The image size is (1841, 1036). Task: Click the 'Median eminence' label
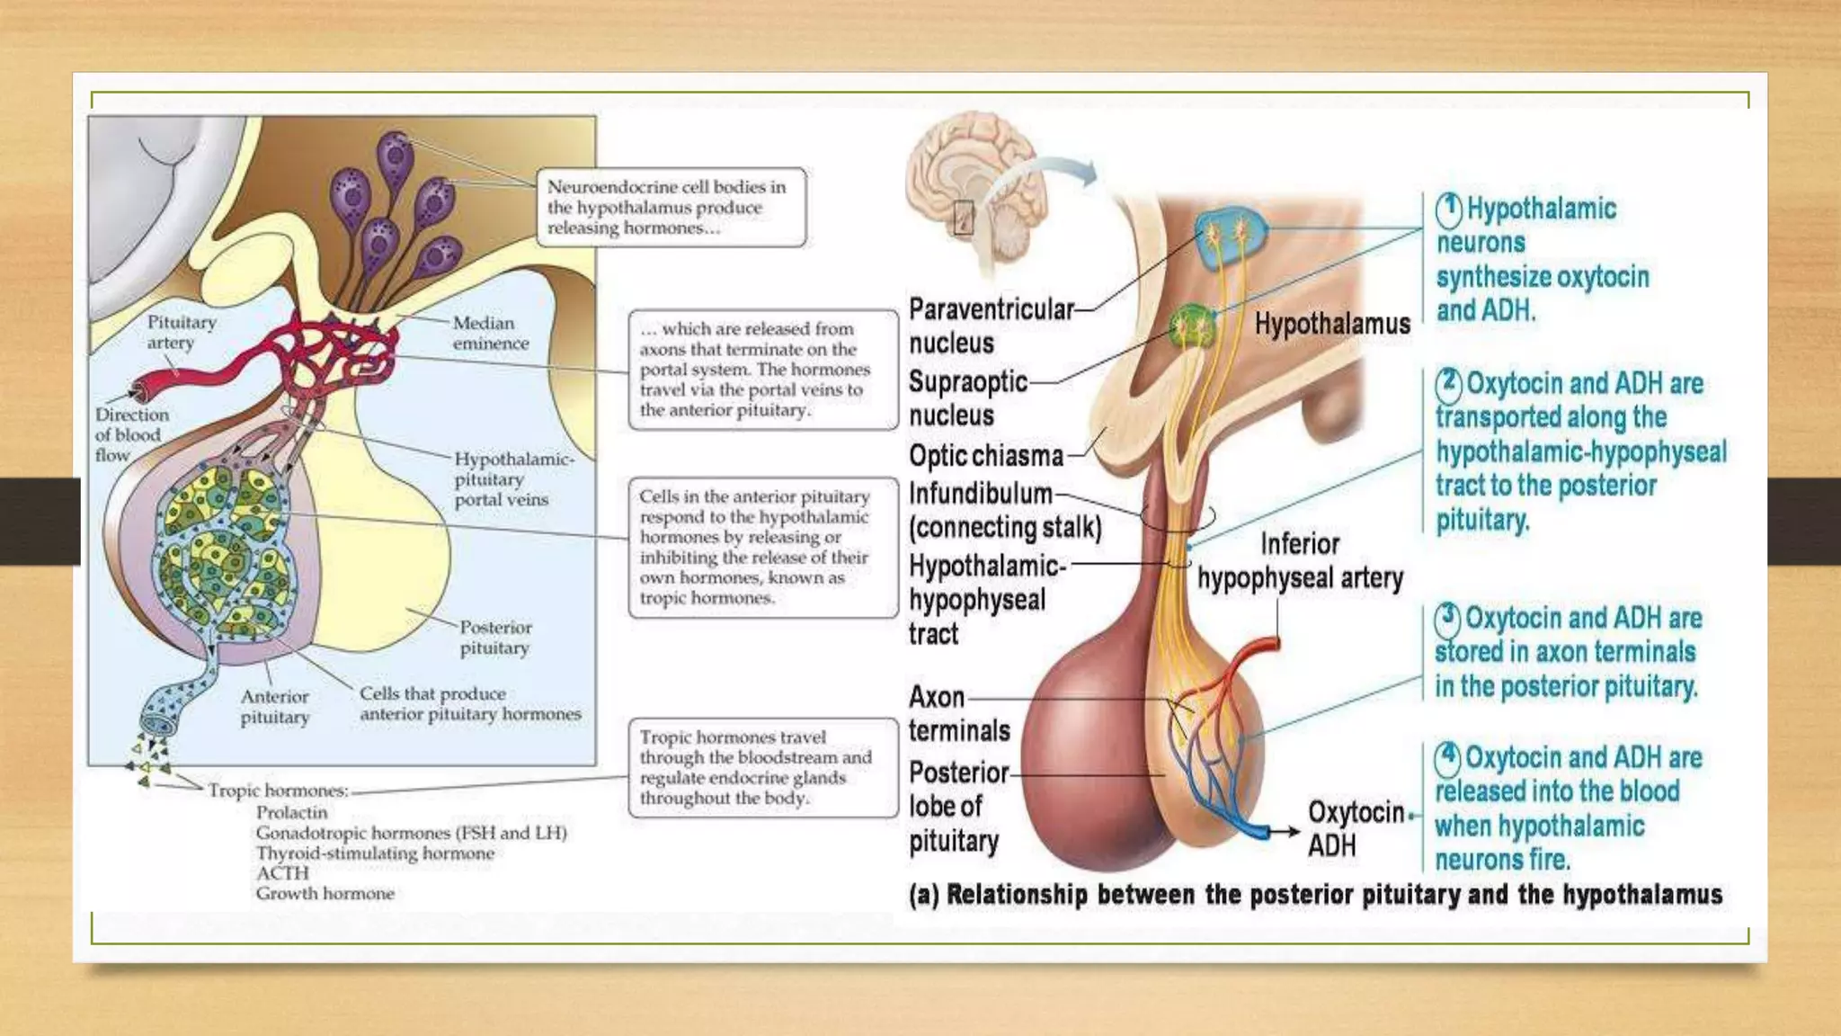(x=490, y=333)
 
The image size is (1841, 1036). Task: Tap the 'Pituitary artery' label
(x=181, y=332)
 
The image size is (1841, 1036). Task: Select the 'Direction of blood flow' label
(x=131, y=434)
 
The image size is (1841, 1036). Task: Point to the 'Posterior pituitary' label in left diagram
(x=495, y=637)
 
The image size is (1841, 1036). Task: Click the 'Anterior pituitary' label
(x=274, y=706)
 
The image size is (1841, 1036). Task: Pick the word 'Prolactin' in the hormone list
(x=291, y=812)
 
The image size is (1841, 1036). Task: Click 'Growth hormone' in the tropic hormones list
(x=325, y=893)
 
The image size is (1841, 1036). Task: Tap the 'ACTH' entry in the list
(x=282, y=872)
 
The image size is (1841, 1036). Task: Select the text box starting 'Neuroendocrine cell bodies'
(x=671, y=208)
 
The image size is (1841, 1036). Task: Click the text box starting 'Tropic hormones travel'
(x=762, y=767)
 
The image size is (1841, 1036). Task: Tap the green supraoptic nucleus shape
(x=1193, y=326)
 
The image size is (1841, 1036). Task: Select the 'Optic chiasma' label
(x=985, y=456)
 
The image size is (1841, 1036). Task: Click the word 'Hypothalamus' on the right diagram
(x=1331, y=324)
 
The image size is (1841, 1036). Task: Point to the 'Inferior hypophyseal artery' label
(x=1300, y=561)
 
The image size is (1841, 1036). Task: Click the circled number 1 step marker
(x=1448, y=210)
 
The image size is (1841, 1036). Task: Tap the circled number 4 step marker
(x=1446, y=758)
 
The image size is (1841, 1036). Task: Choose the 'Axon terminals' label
(x=958, y=713)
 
